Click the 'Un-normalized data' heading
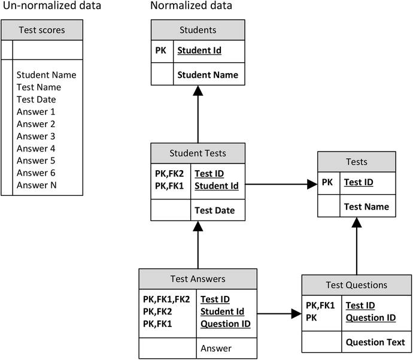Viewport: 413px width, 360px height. [50, 7]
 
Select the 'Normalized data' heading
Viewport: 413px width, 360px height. [192, 7]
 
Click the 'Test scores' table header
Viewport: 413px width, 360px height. [41, 30]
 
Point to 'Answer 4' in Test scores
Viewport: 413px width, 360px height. [36, 148]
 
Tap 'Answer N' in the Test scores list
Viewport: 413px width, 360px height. [36, 184]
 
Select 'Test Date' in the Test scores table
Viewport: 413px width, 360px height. [36, 99]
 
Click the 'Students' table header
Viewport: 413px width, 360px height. [198, 30]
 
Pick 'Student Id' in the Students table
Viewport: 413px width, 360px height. [199, 50]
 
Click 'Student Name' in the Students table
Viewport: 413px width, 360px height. [207, 75]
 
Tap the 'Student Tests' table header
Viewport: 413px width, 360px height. [198, 153]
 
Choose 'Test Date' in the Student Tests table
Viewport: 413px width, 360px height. [214, 210]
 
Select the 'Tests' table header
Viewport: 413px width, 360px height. [357, 162]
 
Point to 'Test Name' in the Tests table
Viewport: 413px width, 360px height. [366, 207]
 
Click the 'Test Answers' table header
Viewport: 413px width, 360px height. [198, 279]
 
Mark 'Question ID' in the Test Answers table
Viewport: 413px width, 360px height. [225, 324]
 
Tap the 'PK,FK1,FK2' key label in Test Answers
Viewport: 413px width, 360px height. [166, 300]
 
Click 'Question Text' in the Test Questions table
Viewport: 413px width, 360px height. [373, 342]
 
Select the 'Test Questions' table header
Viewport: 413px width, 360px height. [357, 285]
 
